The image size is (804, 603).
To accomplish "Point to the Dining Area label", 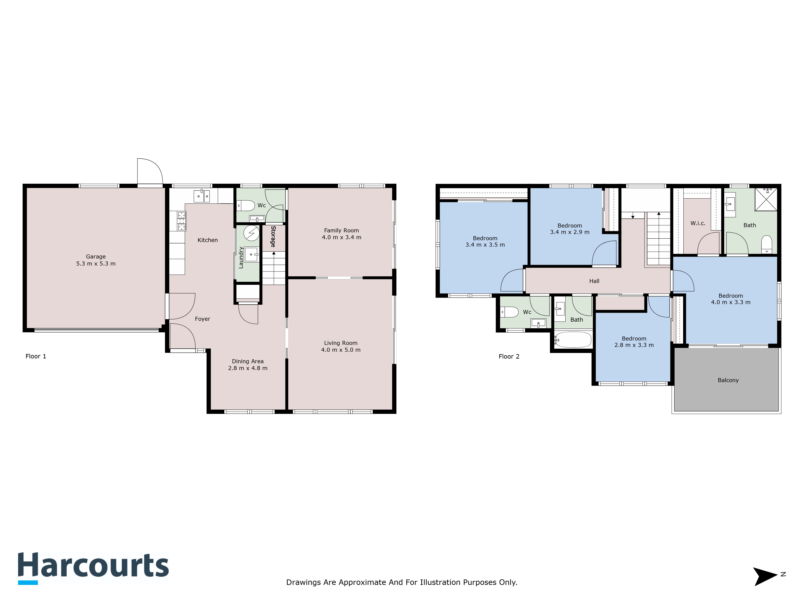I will coord(247,361).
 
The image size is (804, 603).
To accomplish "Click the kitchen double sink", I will coord(201,196).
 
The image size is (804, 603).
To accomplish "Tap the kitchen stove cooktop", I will coord(181,221).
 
